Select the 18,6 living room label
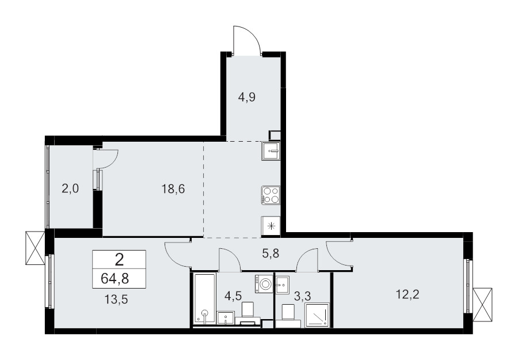click(173, 188)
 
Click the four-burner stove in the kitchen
click(271, 195)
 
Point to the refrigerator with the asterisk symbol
click(271, 226)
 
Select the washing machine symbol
click(265, 283)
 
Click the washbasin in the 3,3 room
click(283, 283)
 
